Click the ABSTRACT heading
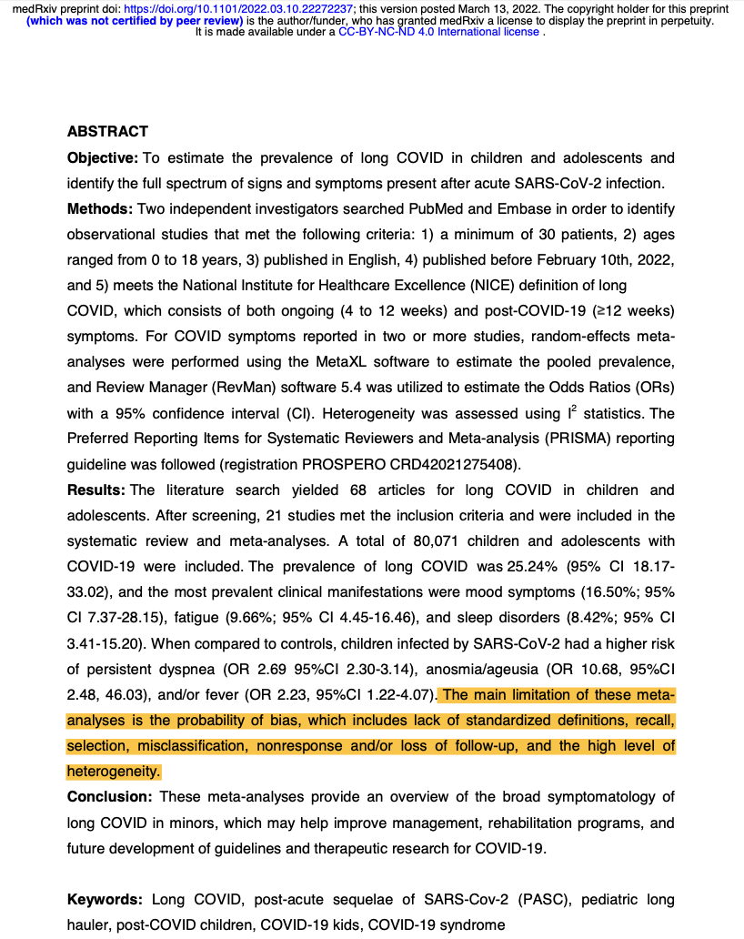(x=107, y=132)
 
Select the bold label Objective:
(x=103, y=158)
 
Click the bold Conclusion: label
(x=110, y=797)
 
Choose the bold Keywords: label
(x=105, y=900)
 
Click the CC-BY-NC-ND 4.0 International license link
(x=439, y=32)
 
